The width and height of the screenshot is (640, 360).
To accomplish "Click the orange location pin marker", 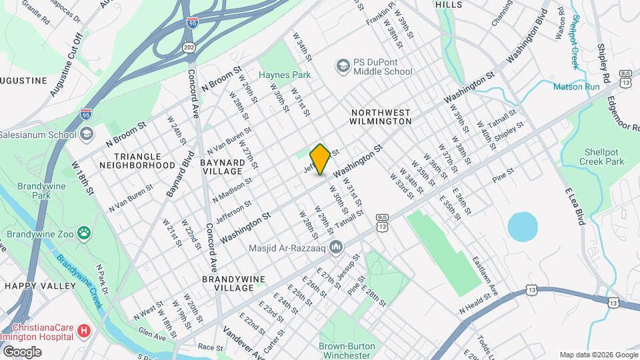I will point(320,159).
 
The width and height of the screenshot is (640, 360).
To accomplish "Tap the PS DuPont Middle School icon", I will point(343,65).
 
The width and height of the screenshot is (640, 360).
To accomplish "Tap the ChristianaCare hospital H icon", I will point(83,330).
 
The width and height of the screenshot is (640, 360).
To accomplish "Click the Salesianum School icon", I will point(86,134).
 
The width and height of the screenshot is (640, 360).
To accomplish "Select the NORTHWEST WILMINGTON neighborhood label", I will point(381,117).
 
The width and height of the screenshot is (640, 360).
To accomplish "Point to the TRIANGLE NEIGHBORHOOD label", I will point(137,160).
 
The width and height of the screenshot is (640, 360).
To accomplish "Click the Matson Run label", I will point(576,86).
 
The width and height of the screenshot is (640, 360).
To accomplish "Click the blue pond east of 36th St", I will point(522,227).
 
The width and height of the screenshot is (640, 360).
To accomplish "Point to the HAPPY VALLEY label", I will point(40,285).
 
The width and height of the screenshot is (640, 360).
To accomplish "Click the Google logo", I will point(21,351).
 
